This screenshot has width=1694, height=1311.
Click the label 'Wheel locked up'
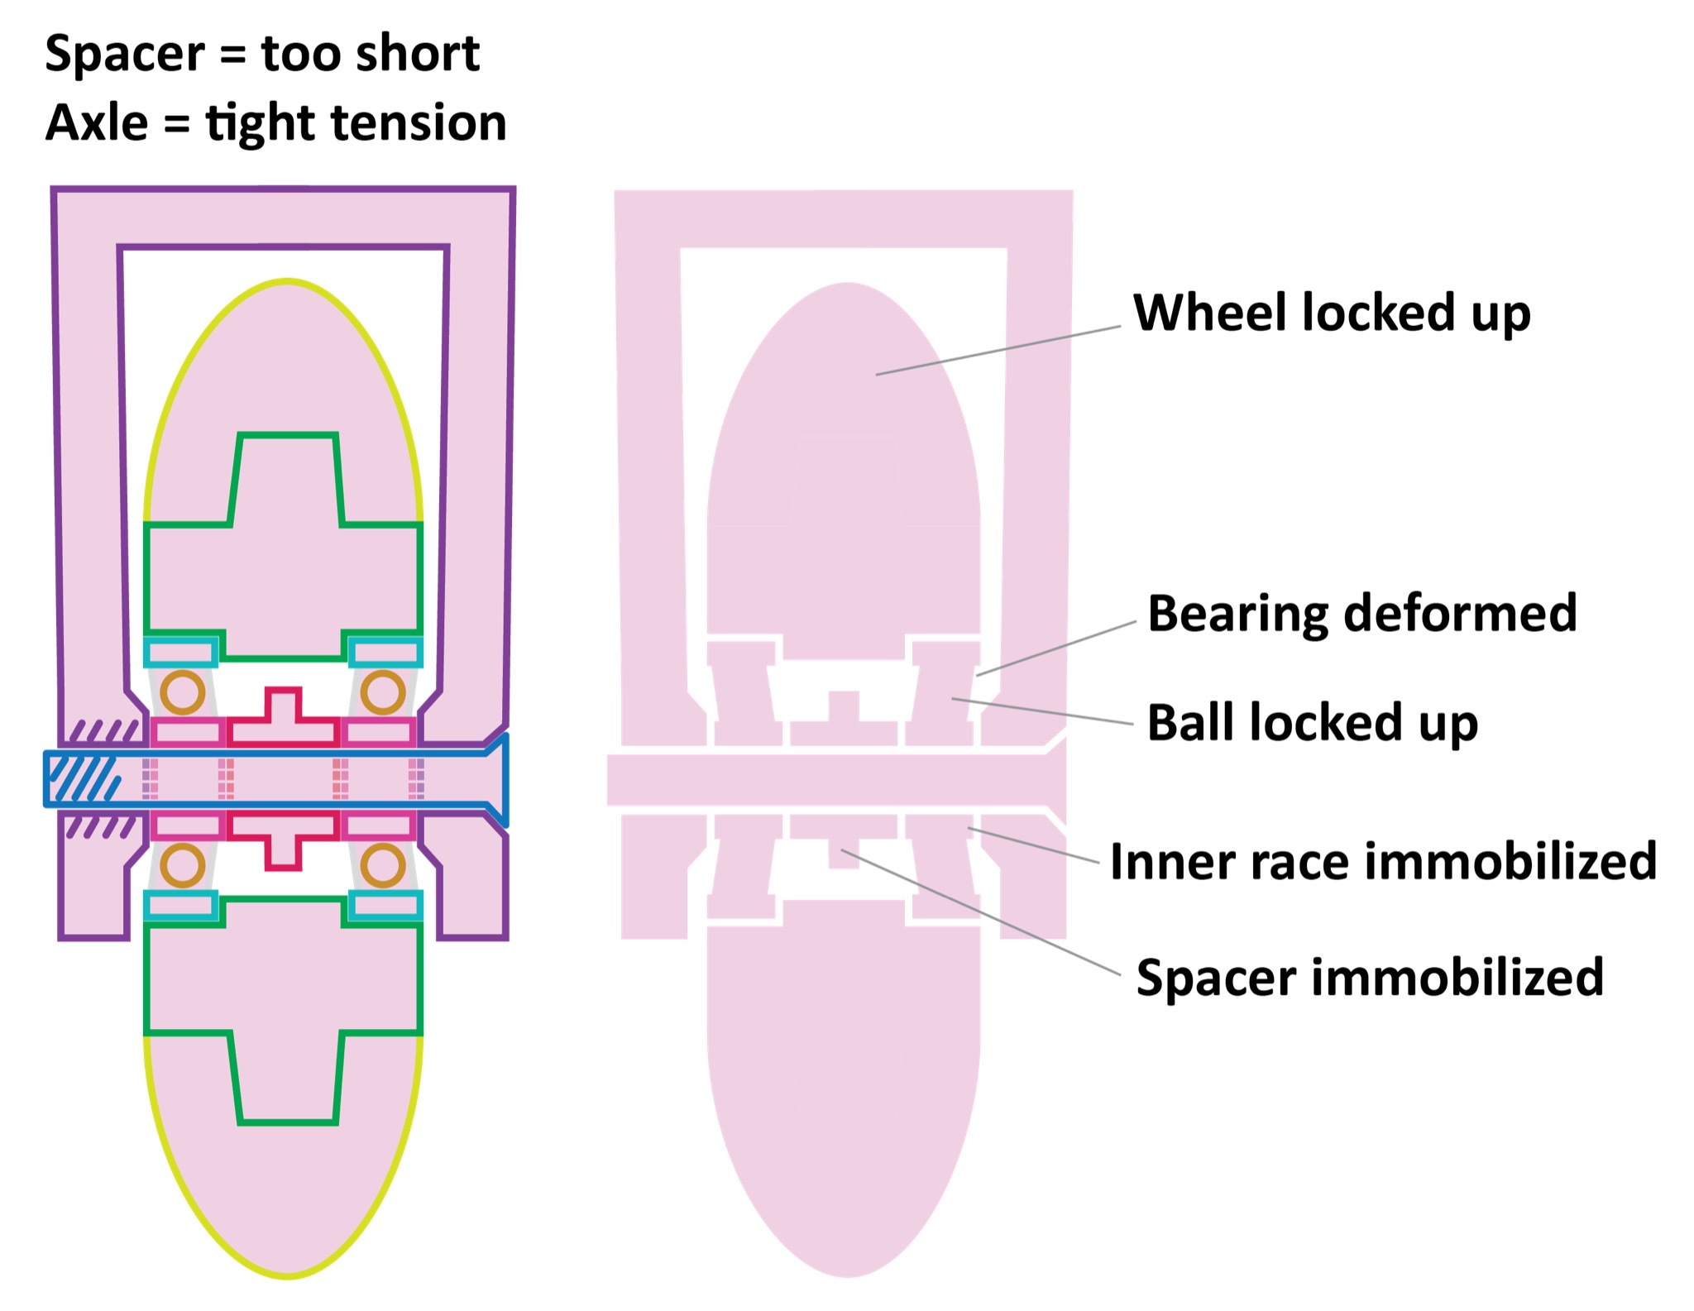tap(1331, 313)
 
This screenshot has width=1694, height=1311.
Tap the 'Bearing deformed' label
tap(1361, 614)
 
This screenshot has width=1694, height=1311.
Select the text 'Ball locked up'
tap(1312, 723)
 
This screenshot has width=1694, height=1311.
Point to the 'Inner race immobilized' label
tap(1383, 862)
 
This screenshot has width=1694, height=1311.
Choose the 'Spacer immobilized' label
tap(1369, 978)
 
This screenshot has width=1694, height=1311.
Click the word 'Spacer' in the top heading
tap(124, 55)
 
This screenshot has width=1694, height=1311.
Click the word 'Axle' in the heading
tap(97, 123)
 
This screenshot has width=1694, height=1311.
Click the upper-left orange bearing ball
tap(182, 692)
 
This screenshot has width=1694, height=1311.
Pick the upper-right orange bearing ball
tap(382, 692)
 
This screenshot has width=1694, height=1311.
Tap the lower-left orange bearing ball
tap(182, 866)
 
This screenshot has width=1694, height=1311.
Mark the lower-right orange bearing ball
tap(382, 866)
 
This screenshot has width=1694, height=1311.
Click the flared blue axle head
tap(496, 779)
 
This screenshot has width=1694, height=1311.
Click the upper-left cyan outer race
tap(181, 652)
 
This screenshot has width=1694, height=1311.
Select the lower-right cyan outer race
tap(385, 906)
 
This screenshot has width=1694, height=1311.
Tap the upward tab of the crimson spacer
tap(283, 705)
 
